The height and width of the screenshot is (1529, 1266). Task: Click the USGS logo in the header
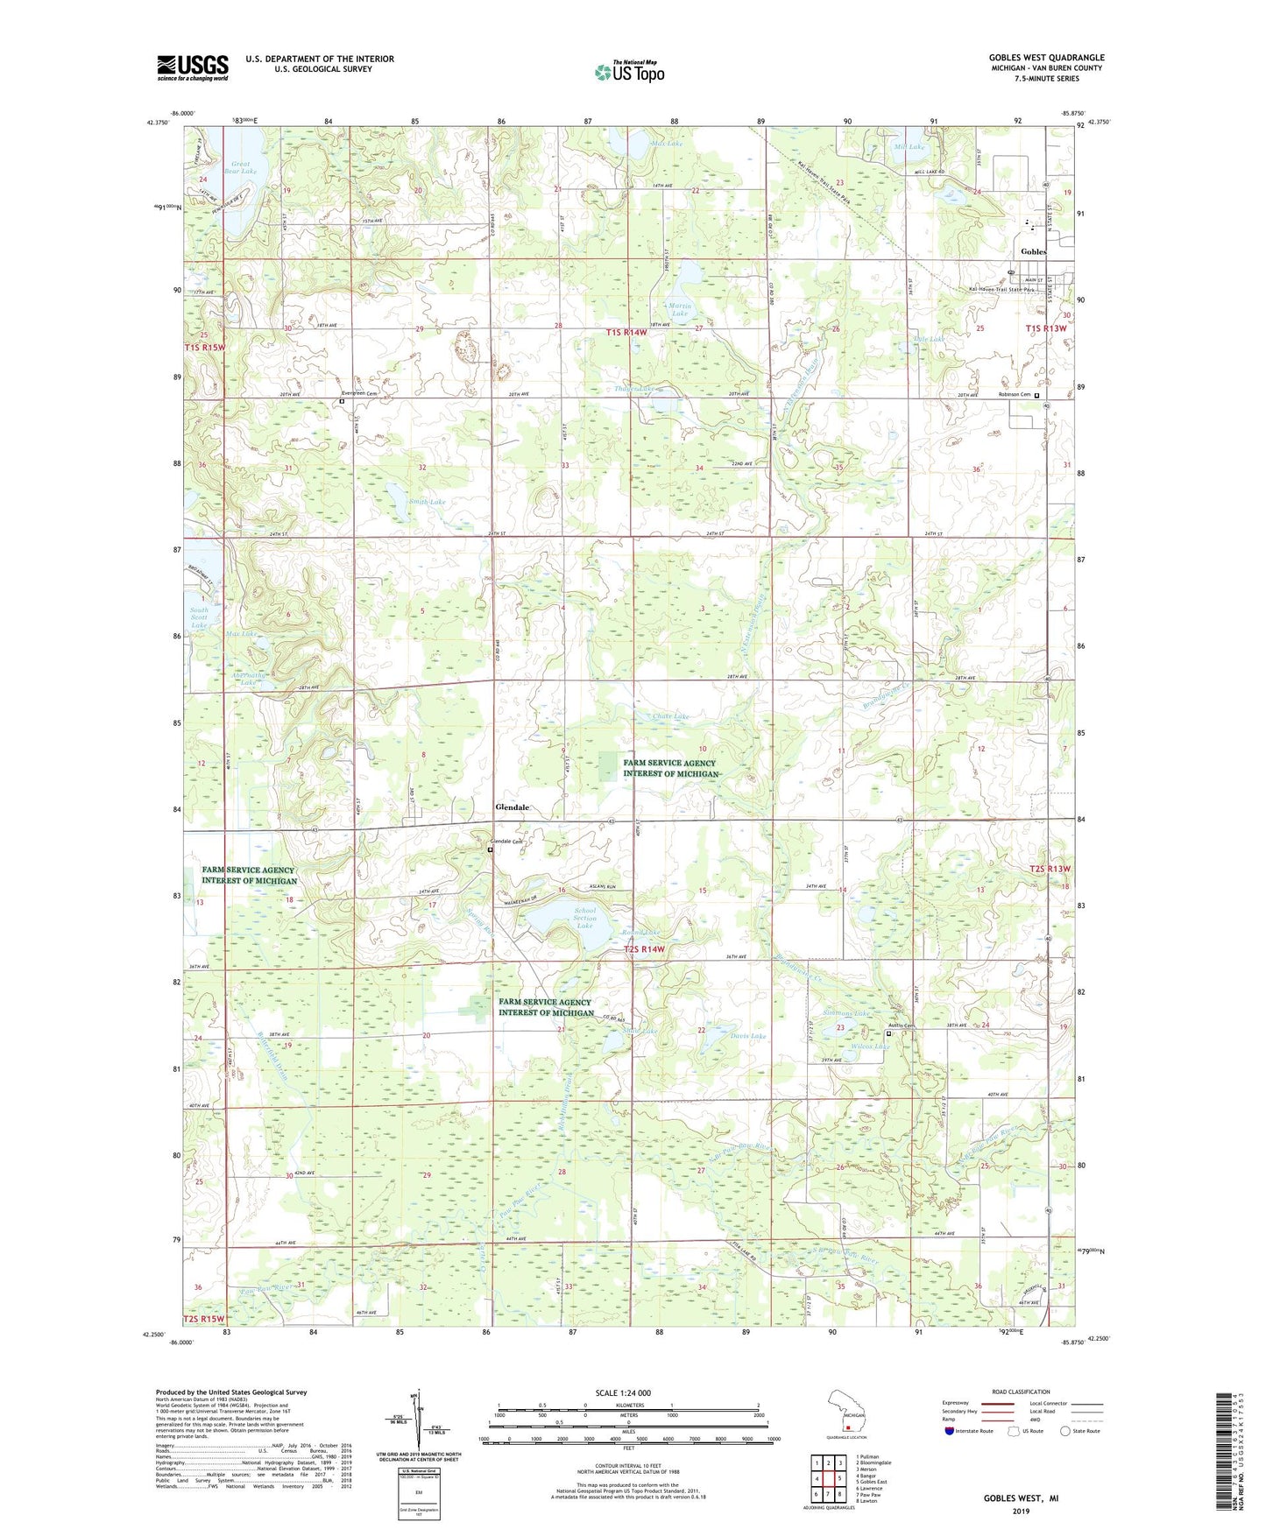click(192, 67)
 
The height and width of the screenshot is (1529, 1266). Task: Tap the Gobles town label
click(1033, 251)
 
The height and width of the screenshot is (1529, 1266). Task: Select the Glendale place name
click(513, 807)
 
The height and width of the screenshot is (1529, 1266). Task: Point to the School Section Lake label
click(584, 918)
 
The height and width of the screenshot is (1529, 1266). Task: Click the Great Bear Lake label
click(241, 167)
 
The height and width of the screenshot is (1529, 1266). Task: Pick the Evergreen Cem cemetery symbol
click(343, 401)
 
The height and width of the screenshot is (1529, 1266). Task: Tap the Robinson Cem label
click(1015, 394)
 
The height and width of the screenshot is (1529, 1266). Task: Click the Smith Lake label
click(427, 502)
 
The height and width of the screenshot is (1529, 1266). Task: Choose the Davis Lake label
click(747, 1036)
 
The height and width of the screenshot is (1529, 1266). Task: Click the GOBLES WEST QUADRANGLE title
click(1046, 58)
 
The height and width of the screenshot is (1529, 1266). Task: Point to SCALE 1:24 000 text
click(623, 1392)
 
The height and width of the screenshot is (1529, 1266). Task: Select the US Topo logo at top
click(629, 72)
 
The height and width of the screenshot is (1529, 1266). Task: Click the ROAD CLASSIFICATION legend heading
click(1022, 1392)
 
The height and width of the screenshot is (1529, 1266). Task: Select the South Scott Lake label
click(200, 617)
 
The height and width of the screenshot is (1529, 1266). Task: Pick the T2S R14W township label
click(644, 948)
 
